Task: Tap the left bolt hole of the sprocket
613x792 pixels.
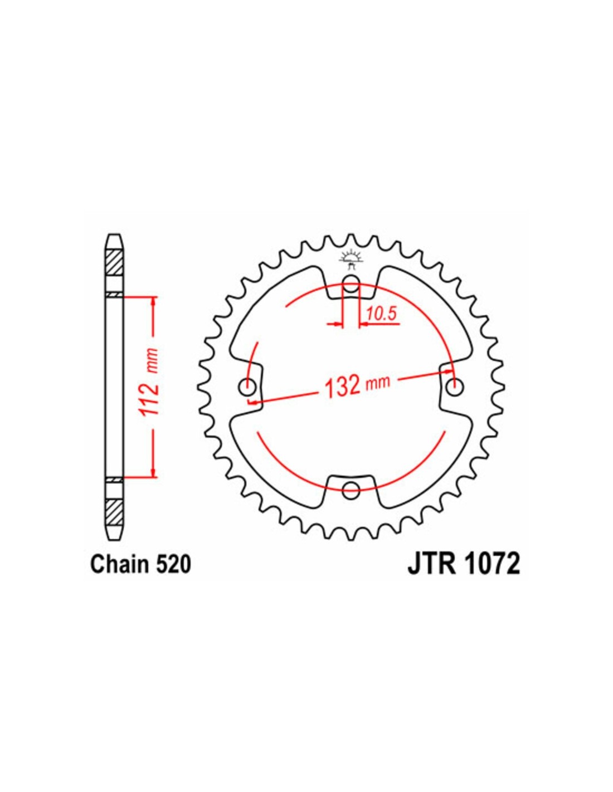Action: tap(247, 387)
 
